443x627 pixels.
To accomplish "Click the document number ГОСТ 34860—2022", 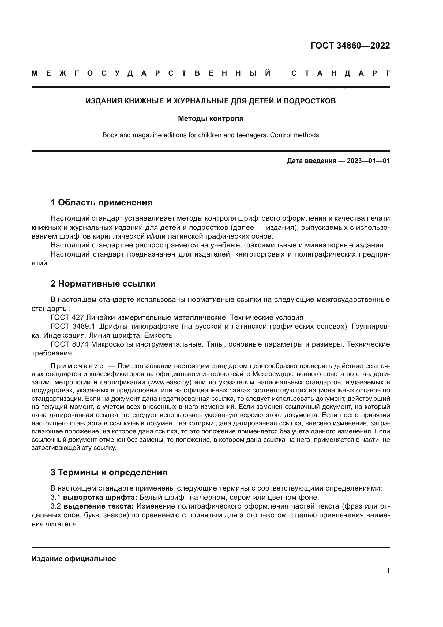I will (350, 46).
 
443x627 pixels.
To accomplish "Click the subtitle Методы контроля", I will (211, 118).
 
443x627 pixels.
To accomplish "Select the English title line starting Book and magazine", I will (211, 135).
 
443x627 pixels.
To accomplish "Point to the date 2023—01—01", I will (368, 161).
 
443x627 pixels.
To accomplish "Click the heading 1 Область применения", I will (101, 203).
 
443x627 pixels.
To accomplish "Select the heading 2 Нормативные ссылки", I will (103, 284).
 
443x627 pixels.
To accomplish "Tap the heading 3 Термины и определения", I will (108, 472).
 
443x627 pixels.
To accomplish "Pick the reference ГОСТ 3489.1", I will (73, 326).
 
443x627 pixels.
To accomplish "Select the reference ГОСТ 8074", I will (69, 344).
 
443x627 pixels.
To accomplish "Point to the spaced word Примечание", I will (77, 366).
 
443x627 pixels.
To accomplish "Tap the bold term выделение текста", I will (99, 506).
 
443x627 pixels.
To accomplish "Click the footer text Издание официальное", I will (74, 559).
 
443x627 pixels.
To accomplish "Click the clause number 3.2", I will (56, 506).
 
